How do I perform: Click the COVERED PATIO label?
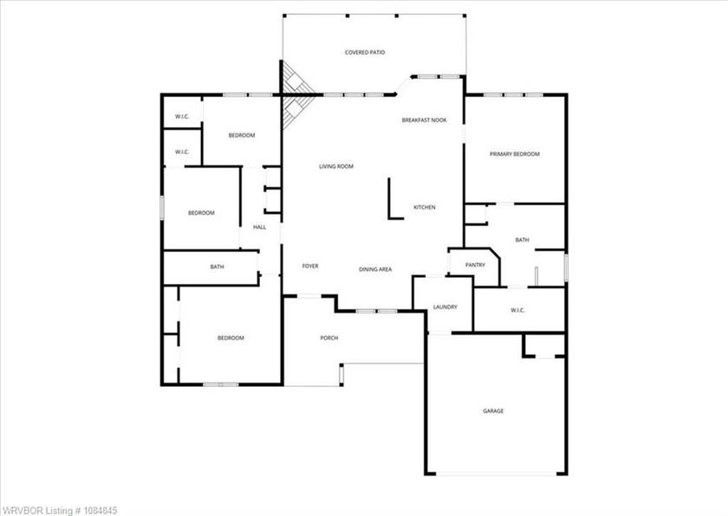tap(365, 53)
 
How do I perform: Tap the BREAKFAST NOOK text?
tap(425, 120)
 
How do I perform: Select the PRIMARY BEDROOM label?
tap(515, 154)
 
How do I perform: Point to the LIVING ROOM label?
tap(336, 166)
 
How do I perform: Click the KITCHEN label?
tap(425, 207)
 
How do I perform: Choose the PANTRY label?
tap(475, 265)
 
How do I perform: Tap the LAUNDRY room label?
tap(445, 306)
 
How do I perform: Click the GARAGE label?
tap(493, 410)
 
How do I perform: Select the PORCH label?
tap(329, 338)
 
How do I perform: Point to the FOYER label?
tap(310, 266)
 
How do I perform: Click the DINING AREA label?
tap(375, 269)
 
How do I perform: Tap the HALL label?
tap(259, 227)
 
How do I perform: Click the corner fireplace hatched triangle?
tap(295, 95)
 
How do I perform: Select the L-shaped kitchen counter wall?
tap(390, 198)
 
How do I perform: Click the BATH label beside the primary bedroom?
tap(523, 240)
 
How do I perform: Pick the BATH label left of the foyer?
tap(217, 267)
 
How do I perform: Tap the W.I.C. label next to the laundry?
tap(517, 310)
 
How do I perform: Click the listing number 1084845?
tap(101, 511)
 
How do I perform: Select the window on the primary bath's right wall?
tap(566, 267)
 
